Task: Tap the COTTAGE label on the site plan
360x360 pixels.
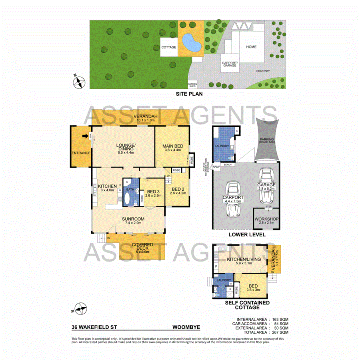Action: tap(169, 47)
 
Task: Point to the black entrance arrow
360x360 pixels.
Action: tap(85, 136)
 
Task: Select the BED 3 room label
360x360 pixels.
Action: tap(154, 192)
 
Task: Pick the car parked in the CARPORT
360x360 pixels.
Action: tap(232, 194)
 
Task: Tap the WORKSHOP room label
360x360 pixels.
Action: tap(266, 219)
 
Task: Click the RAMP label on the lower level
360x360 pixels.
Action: tap(217, 166)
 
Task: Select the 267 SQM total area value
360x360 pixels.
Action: tap(280, 332)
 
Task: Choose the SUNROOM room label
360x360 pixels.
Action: tap(134, 219)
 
